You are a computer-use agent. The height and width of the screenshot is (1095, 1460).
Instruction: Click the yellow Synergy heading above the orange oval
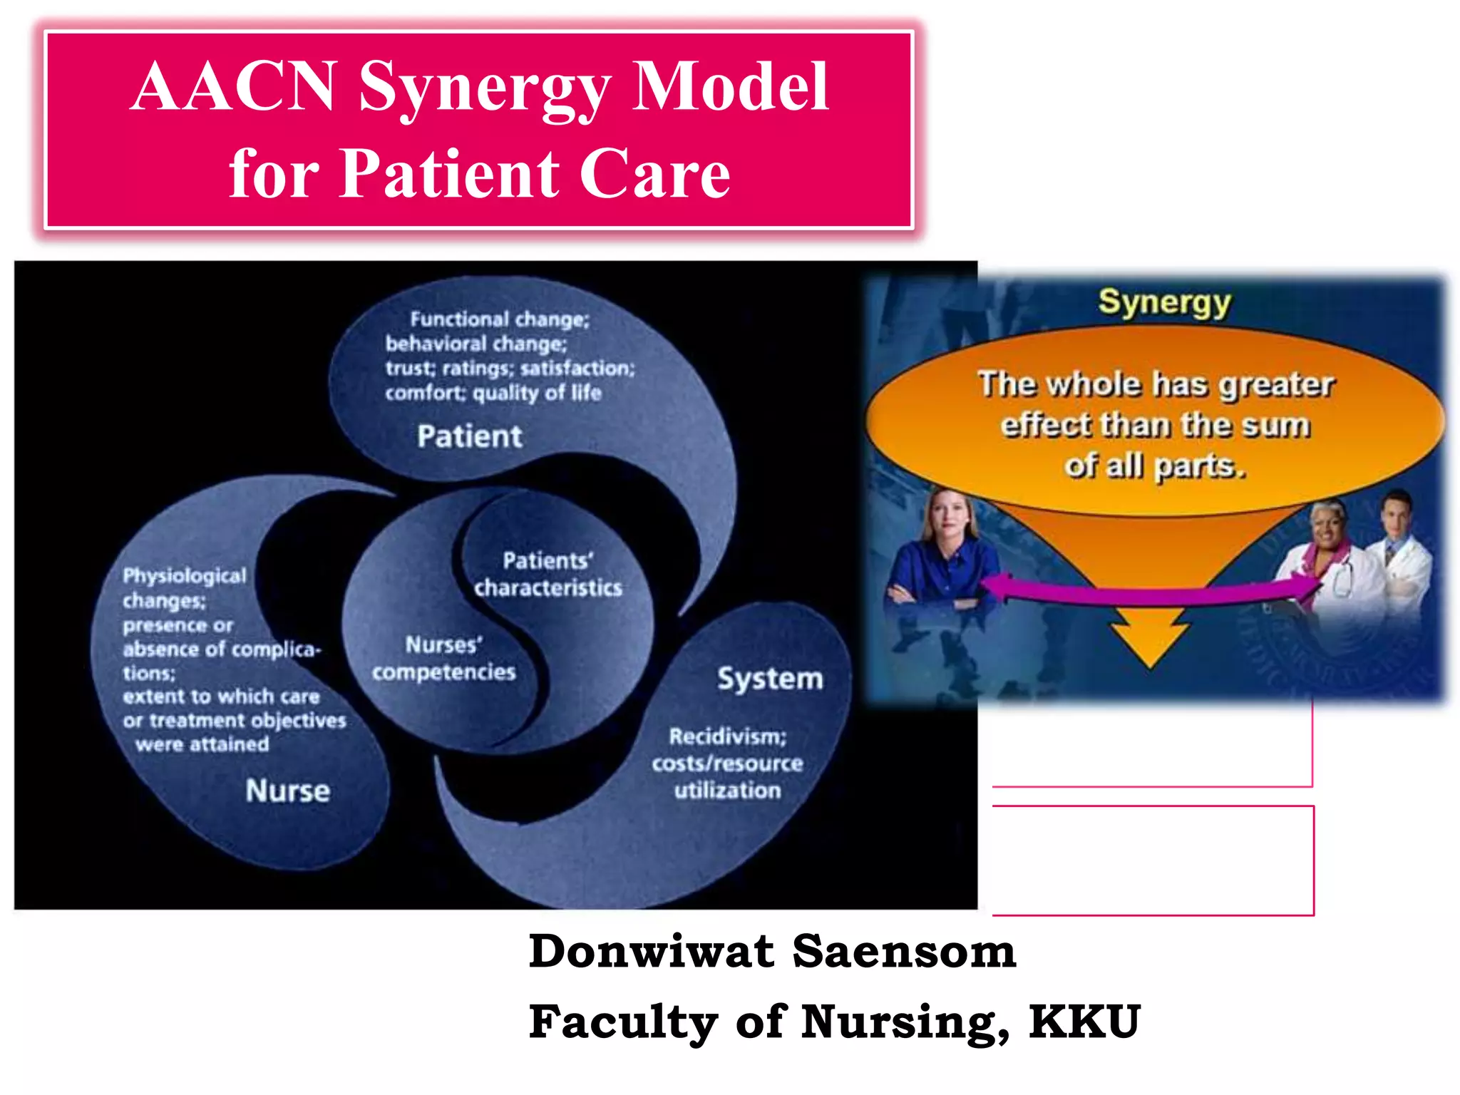click(x=1164, y=302)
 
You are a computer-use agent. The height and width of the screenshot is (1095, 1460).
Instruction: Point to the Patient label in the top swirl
click(x=470, y=436)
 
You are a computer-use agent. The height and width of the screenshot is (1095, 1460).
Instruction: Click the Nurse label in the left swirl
click(x=287, y=791)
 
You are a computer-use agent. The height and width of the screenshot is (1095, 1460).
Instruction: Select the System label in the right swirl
click(x=770, y=678)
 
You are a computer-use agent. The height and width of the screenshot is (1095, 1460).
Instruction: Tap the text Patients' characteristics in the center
click(x=547, y=575)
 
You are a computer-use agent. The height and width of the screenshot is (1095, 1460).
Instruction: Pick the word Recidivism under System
click(x=727, y=736)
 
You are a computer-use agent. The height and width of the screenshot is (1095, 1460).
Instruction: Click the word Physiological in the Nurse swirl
click(x=184, y=576)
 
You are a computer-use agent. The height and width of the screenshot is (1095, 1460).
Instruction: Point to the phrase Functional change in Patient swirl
click(x=499, y=319)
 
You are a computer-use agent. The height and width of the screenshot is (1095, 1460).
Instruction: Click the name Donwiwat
click(x=651, y=952)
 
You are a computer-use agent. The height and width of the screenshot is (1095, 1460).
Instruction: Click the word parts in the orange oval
click(x=1199, y=466)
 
